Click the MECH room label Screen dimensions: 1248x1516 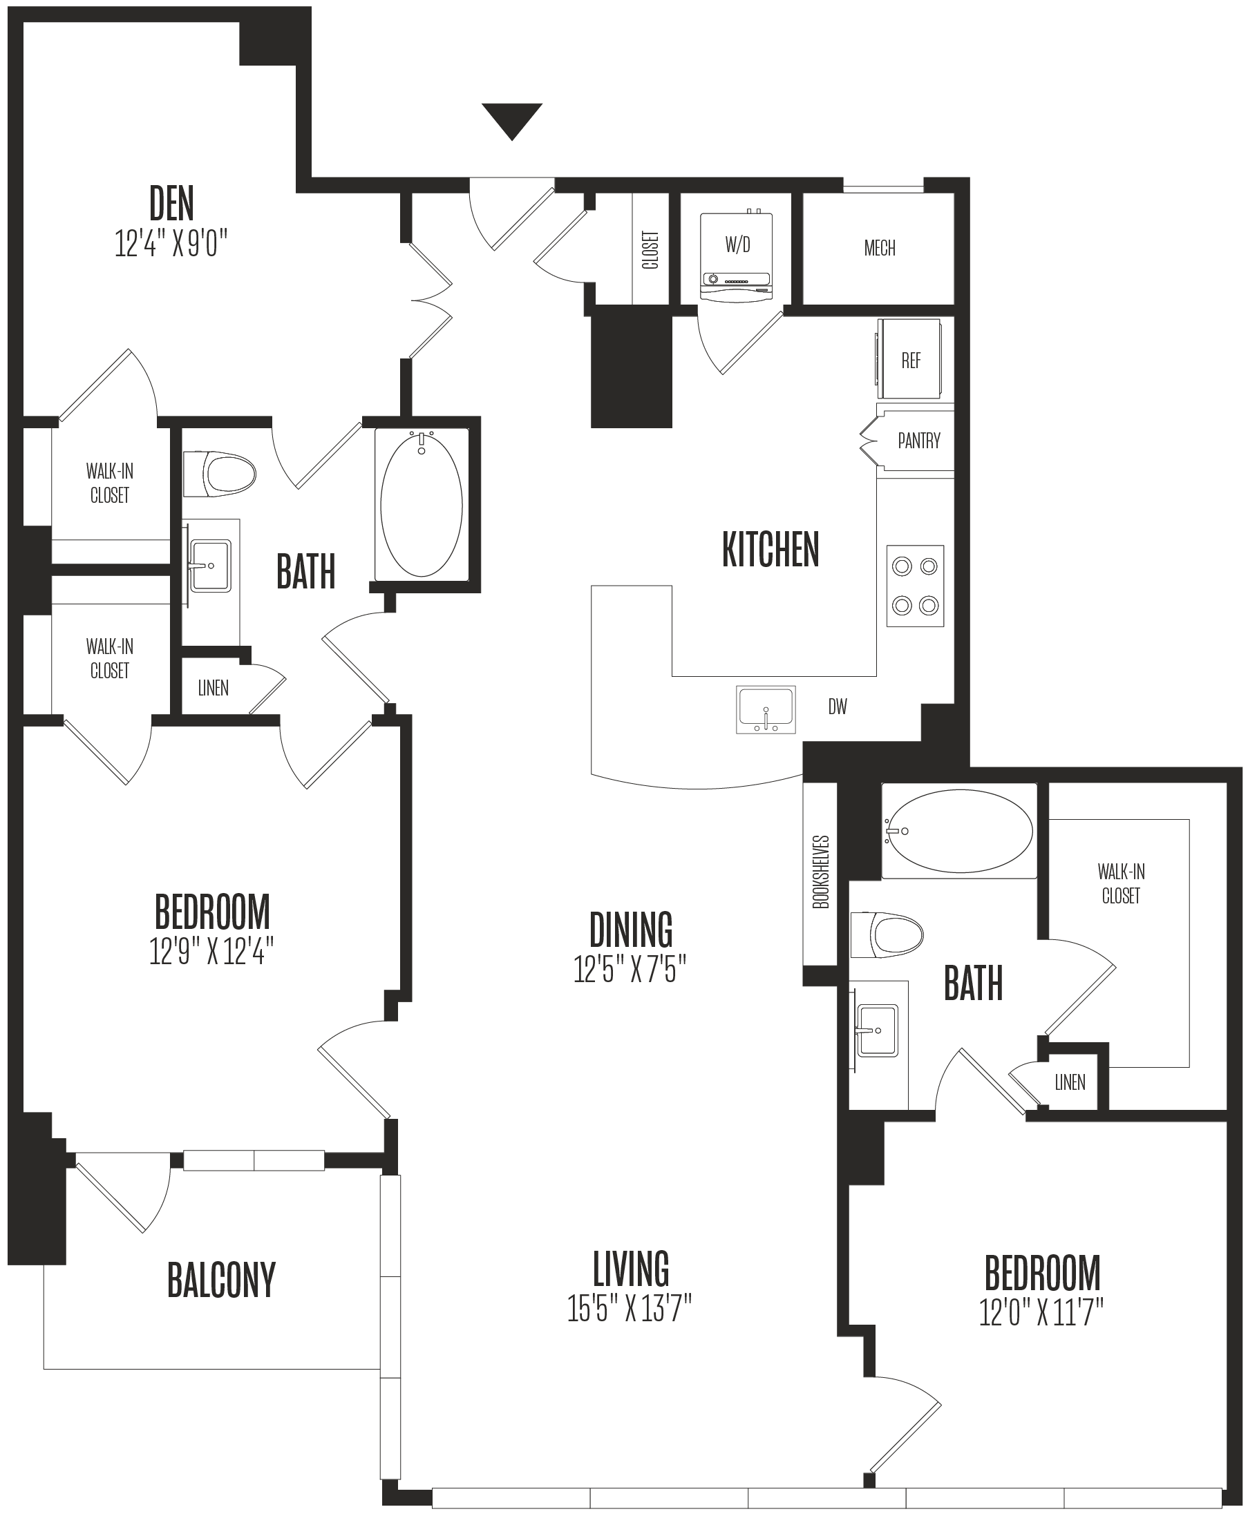click(x=879, y=249)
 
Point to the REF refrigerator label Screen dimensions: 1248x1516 click(x=911, y=360)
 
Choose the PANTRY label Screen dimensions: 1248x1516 click(x=919, y=441)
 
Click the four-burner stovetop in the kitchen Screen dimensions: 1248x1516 click(x=915, y=586)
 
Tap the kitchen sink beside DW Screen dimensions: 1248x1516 click(x=766, y=710)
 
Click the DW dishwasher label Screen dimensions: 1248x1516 click(x=838, y=707)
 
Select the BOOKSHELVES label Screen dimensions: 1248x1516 click(x=820, y=872)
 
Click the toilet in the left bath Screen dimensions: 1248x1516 click(x=220, y=474)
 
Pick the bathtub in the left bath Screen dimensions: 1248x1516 click(x=422, y=503)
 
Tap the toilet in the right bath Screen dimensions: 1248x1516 click(x=887, y=934)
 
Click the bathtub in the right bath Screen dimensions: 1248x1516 click(x=959, y=830)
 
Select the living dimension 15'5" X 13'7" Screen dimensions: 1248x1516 click(x=630, y=1308)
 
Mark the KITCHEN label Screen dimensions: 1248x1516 click(x=770, y=550)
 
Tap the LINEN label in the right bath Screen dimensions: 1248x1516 click(x=1070, y=1082)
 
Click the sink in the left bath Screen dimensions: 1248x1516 click(x=210, y=566)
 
